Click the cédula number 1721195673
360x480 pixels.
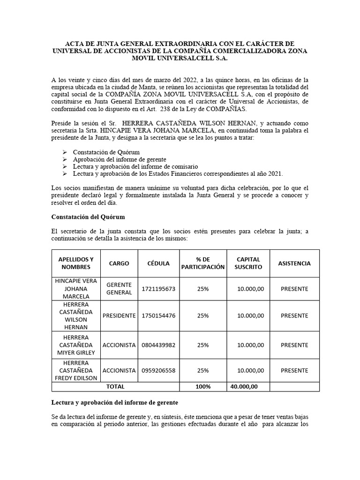[x=158, y=289]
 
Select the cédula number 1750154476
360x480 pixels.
[x=158, y=315]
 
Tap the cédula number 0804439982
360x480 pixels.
[x=158, y=345]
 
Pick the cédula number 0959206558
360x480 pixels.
[x=158, y=370]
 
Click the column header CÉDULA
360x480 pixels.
[x=158, y=263]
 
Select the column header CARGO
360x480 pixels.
[x=119, y=263]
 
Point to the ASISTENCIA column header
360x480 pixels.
[x=294, y=263]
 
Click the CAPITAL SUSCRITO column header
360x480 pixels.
[x=248, y=263]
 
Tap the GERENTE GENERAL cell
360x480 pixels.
[x=119, y=289]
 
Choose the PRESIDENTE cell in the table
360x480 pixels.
[x=119, y=315]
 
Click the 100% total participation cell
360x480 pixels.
[x=203, y=387]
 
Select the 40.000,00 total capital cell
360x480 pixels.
[x=244, y=387]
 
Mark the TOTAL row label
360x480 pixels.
[x=115, y=387]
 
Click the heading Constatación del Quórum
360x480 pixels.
[x=88, y=217]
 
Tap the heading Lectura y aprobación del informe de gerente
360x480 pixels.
[x=114, y=403]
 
